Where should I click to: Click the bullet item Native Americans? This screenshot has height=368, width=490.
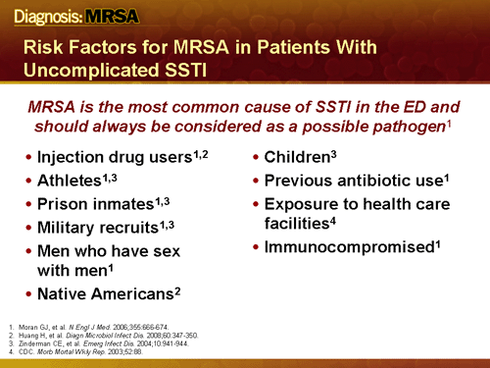(x=104, y=294)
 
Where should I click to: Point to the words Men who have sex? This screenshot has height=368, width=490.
(x=108, y=251)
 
